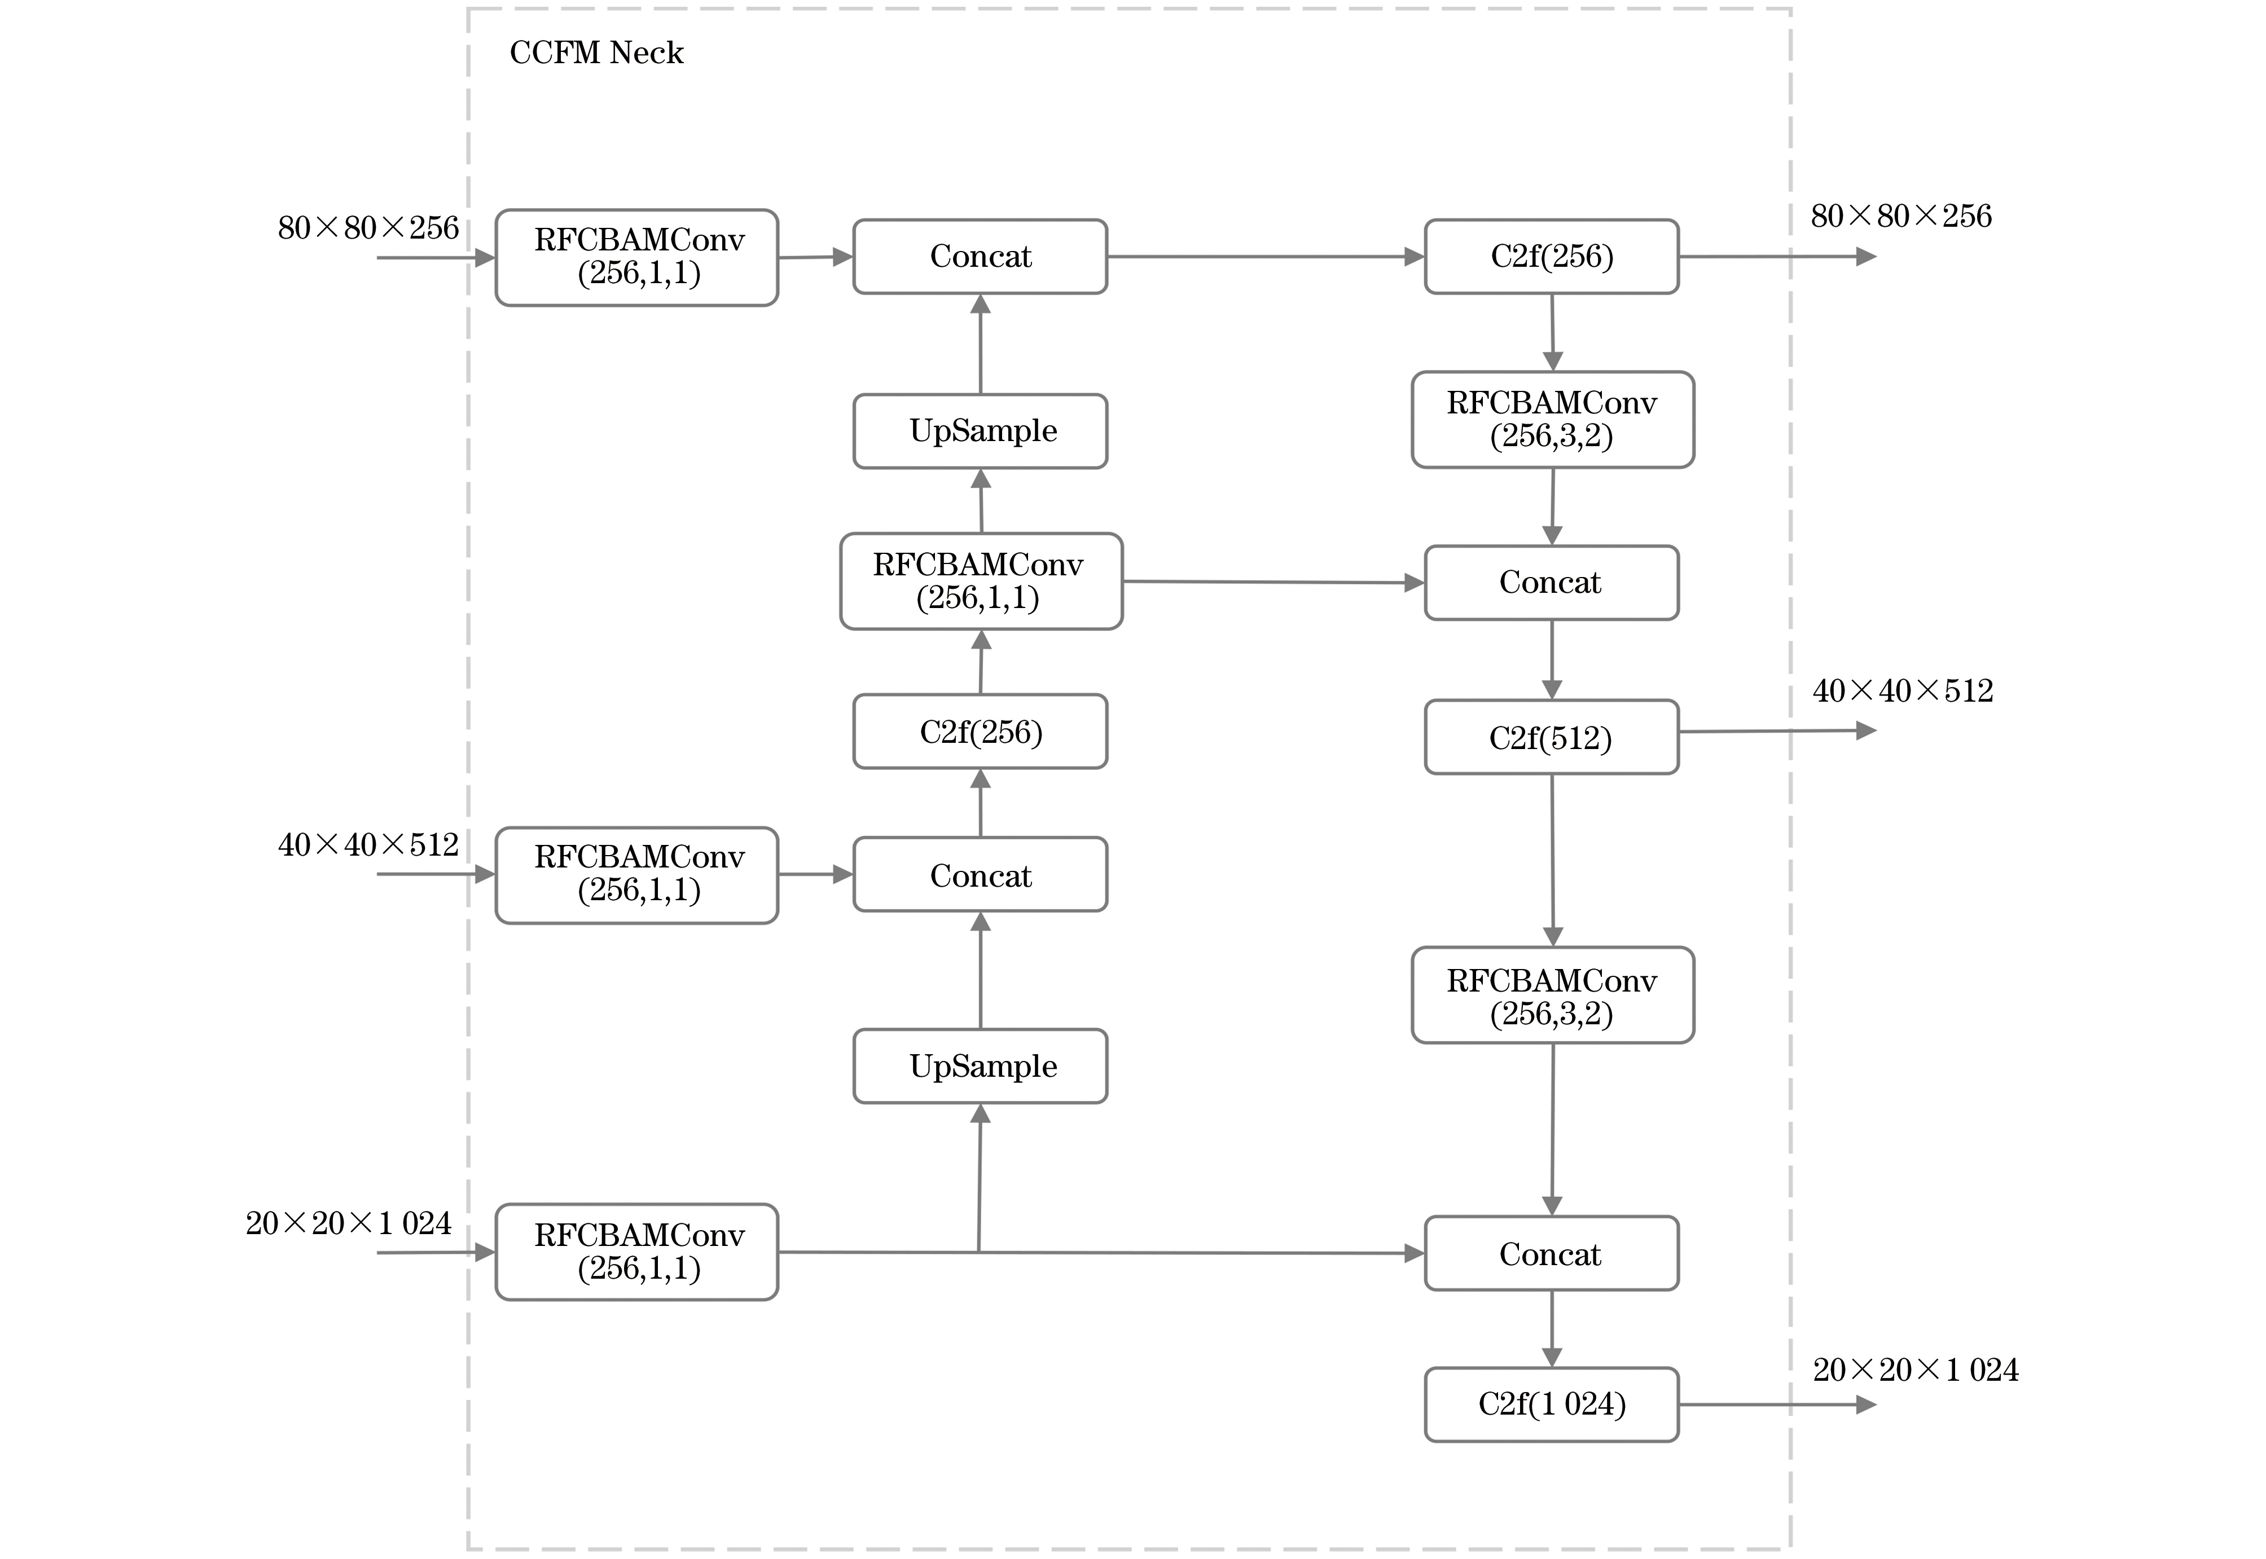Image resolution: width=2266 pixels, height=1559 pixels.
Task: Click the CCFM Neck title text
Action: point(596,53)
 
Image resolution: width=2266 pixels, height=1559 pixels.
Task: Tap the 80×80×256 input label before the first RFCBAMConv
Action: point(368,228)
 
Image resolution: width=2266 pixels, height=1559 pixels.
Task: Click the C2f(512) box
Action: point(1551,738)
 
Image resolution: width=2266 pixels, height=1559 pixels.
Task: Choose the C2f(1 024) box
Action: point(1551,1404)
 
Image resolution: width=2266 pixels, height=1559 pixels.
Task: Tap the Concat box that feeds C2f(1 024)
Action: point(1551,1253)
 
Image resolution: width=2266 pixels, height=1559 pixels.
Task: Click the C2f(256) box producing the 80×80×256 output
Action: point(1551,257)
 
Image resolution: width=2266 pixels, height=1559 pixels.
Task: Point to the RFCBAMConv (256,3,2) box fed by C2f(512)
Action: point(1552,996)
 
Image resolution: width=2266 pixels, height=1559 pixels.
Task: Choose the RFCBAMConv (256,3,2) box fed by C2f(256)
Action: point(1552,419)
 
